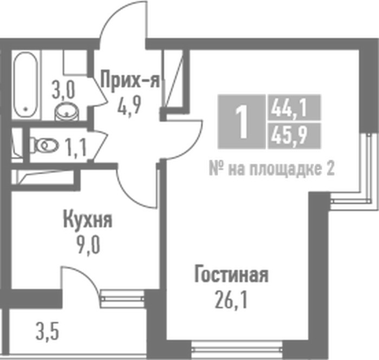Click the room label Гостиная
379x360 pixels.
tap(231, 274)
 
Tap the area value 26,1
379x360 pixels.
tap(231, 299)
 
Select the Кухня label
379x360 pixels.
tap(88, 220)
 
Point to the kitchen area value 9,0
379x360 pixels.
tap(88, 245)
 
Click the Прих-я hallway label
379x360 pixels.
tap(130, 79)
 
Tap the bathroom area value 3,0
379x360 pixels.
tap(63, 90)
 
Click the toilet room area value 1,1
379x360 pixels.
tap(76, 147)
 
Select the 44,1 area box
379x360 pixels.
tap(294, 108)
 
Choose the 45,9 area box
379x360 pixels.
tap(294, 136)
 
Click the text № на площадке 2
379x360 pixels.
tap(271, 169)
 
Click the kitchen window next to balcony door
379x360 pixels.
tap(122, 299)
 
